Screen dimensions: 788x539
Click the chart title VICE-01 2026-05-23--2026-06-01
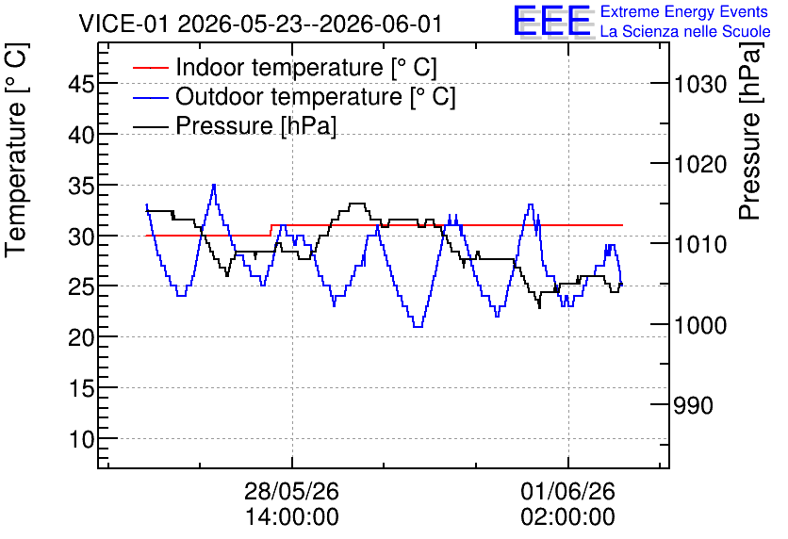(x=260, y=24)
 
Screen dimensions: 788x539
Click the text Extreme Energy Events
(x=684, y=11)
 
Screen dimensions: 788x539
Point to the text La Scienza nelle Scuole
(x=685, y=31)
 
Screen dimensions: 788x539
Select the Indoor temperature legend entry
(x=285, y=67)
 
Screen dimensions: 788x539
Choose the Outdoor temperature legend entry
(x=294, y=96)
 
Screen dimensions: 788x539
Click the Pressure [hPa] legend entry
(x=235, y=125)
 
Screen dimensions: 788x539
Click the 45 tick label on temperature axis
(x=81, y=84)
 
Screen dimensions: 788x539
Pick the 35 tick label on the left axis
(x=81, y=186)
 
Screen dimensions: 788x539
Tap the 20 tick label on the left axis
(x=81, y=337)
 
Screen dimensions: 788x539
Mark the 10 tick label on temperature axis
(x=81, y=439)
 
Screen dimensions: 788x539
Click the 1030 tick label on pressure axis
(x=699, y=84)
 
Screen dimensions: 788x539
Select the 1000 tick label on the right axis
(x=699, y=325)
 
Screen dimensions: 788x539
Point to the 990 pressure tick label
(x=693, y=405)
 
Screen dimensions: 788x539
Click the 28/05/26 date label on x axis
(x=291, y=491)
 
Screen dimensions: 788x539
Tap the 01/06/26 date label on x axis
(x=567, y=491)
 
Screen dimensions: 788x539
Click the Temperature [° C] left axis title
(x=16, y=151)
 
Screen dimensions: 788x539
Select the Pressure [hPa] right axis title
(x=749, y=131)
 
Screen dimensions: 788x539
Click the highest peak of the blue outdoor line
(x=214, y=185)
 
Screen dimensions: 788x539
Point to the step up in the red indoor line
(x=271, y=230)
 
